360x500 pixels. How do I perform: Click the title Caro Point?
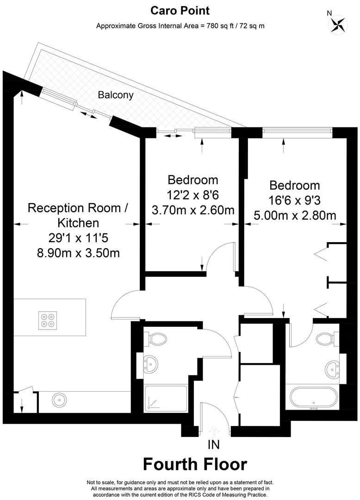(180, 11)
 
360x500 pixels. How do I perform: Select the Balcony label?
(116, 95)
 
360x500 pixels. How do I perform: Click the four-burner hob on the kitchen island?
(48, 320)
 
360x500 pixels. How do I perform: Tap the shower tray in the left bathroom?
(166, 399)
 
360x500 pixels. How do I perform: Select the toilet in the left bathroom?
(156, 338)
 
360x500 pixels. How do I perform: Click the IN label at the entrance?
(213, 444)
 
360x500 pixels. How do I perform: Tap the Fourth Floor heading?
(195, 464)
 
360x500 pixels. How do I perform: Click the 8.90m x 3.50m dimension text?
(78, 253)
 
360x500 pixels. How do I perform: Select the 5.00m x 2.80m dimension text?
(295, 216)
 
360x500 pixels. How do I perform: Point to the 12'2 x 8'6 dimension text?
(193, 195)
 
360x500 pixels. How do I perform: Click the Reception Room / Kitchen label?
(78, 215)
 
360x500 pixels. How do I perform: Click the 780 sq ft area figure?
(220, 26)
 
